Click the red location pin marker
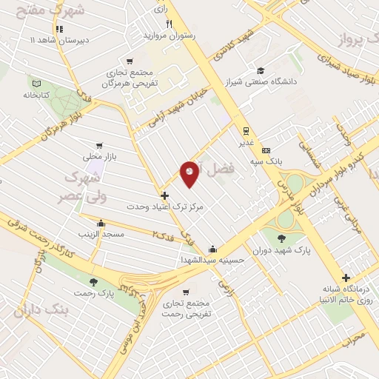189,173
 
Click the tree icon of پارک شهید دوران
281,238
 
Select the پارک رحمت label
94,294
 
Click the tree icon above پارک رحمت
93,281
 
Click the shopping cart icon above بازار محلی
98,146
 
